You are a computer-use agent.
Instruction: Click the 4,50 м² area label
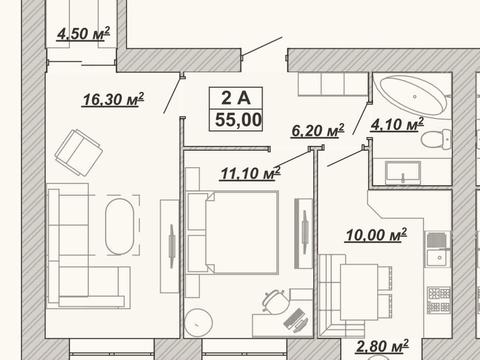click(x=83, y=34)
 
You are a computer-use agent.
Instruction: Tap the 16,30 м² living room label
click(x=113, y=99)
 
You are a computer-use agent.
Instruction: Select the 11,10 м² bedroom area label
click(x=250, y=173)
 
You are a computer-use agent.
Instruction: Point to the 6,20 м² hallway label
click(x=318, y=131)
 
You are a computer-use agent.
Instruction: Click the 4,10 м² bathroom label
click(x=397, y=124)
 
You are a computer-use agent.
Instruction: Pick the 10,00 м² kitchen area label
click(x=376, y=235)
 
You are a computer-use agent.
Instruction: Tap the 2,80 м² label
click(x=382, y=346)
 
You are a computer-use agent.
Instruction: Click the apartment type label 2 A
click(x=236, y=98)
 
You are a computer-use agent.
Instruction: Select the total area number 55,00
click(x=238, y=120)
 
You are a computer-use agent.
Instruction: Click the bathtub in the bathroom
click(x=413, y=95)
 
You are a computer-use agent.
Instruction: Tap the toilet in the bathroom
click(x=436, y=139)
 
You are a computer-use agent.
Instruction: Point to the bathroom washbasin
click(x=403, y=173)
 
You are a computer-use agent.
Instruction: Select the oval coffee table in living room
click(x=120, y=226)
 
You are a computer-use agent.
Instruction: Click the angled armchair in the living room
click(x=79, y=153)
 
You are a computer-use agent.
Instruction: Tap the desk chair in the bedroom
click(x=275, y=301)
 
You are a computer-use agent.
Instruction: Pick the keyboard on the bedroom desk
click(x=295, y=318)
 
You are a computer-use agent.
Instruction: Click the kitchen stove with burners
click(x=439, y=300)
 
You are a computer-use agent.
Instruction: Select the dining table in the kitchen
click(x=359, y=292)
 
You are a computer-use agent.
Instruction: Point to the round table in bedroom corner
click(x=199, y=322)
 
